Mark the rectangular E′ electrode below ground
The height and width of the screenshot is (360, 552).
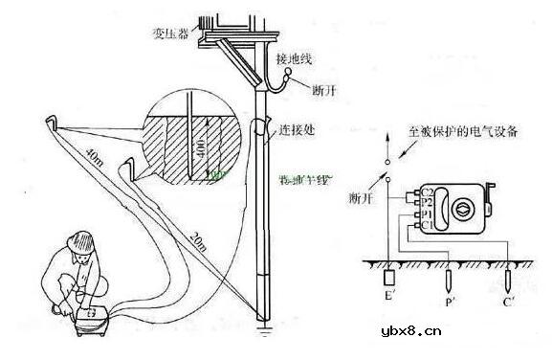389,281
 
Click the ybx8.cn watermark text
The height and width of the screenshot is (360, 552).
479,333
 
